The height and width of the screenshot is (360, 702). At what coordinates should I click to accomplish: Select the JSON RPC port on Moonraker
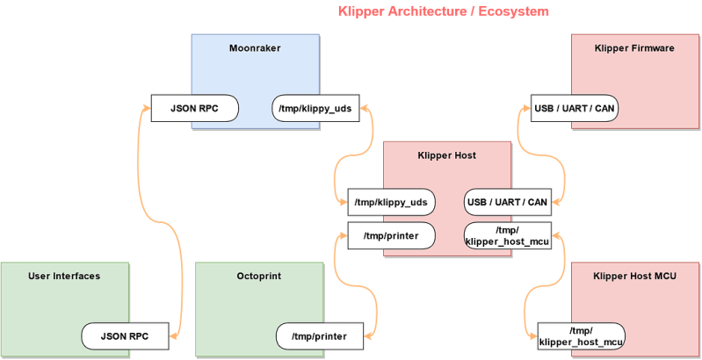(195, 109)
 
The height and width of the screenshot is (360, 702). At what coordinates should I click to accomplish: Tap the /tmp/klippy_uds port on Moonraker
(315, 109)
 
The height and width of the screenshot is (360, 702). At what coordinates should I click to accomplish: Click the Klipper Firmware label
(633, 48)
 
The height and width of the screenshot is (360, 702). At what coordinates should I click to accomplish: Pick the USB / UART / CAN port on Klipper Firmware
(574, 109)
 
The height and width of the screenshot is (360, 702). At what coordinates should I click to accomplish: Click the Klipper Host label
(446, 155)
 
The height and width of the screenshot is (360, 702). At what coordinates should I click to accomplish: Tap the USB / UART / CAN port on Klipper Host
(507, 202)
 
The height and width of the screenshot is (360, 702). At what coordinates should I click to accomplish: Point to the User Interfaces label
(64, 276)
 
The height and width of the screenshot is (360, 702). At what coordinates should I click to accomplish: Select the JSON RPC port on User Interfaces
(122, 335)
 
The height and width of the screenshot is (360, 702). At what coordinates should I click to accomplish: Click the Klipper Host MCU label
(634, 276)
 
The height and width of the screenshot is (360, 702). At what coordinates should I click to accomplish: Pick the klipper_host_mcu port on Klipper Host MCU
(581, 335)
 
